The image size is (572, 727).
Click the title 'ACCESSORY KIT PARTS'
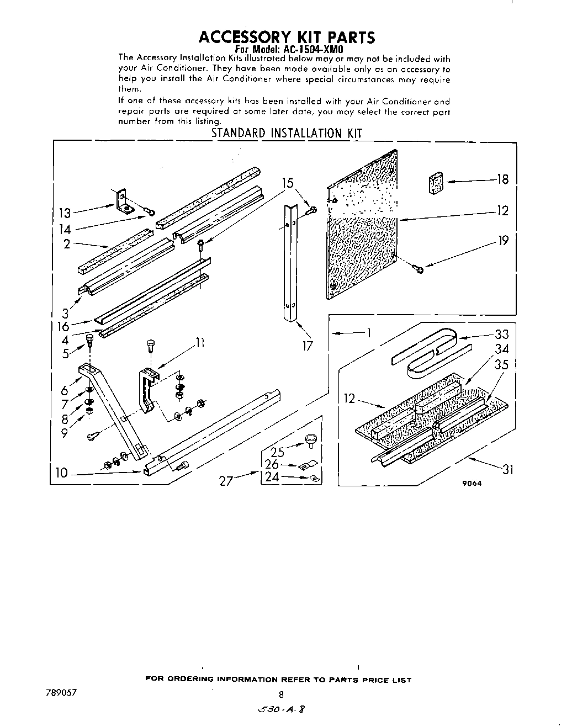pos(287,37)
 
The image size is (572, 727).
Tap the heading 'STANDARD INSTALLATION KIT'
pos(287,133)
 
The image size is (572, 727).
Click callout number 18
pos(502,179)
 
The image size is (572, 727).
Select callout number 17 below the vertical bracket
pos(308,346)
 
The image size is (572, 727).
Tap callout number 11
pos(199,343)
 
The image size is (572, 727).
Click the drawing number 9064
pos(472,483)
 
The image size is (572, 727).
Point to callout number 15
pos(288,183)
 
